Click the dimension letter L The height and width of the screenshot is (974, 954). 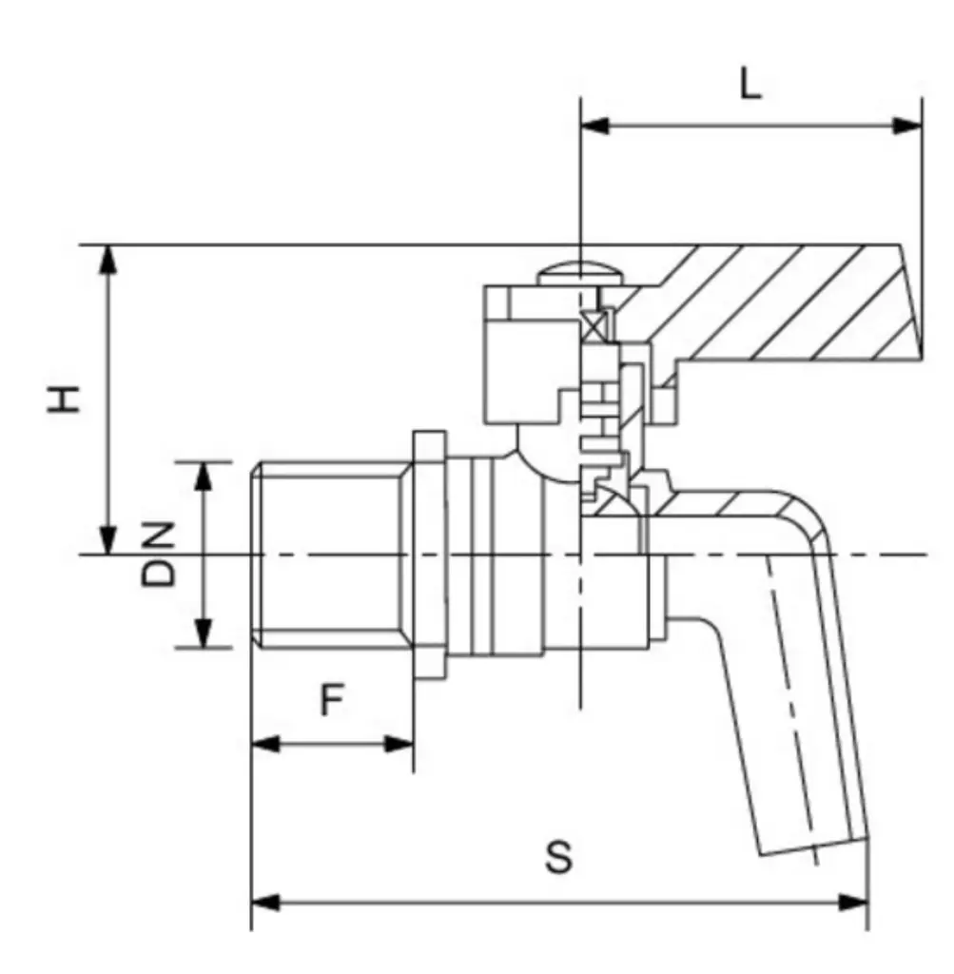(750, 86)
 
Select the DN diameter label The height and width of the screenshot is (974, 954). (159, 554)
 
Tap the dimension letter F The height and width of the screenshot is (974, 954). (330, 702)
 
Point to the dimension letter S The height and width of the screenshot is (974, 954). (559, 857)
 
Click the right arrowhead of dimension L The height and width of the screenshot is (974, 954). (907, 126)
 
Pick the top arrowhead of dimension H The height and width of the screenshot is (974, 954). (108, 259)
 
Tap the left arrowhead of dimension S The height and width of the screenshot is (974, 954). (265, 902)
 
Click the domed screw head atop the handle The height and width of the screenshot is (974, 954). (578, 275)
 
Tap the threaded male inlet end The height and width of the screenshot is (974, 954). (328, 554)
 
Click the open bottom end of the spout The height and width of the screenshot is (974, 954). (813, 846)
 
